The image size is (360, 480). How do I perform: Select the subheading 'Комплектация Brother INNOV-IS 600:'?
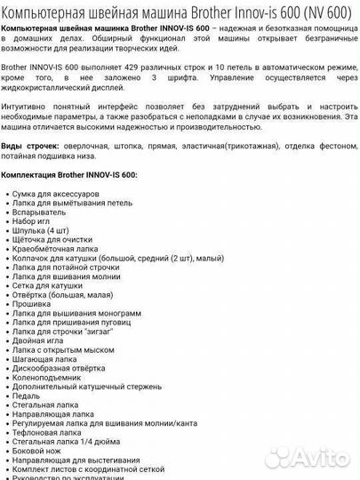[69, 175]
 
